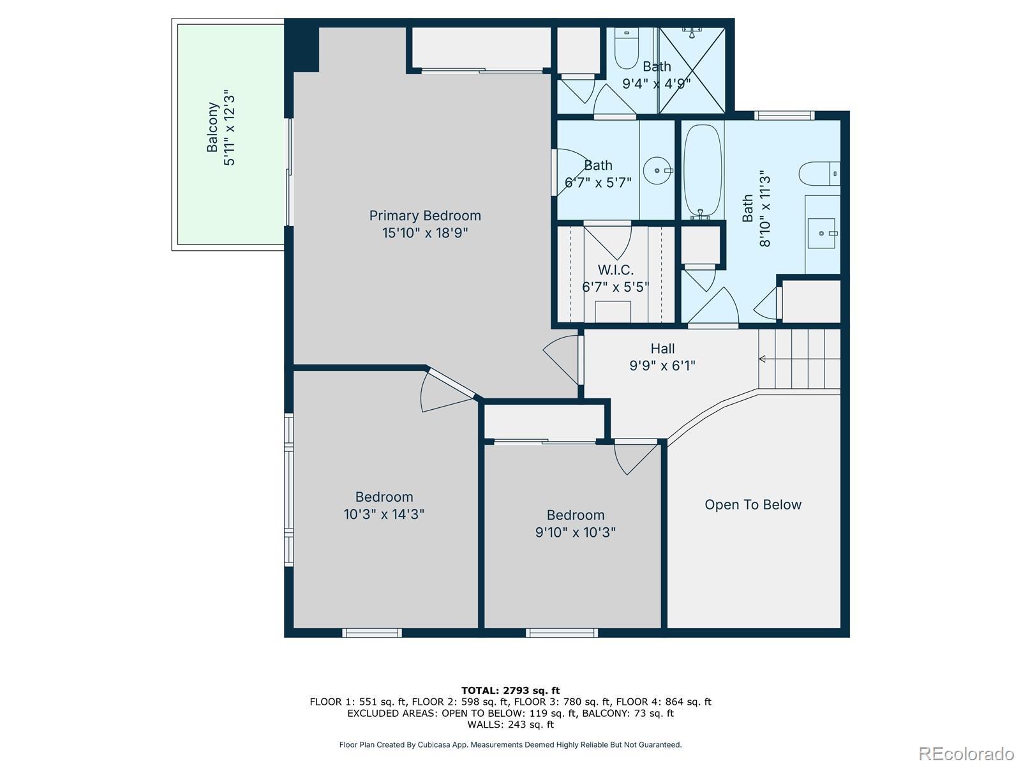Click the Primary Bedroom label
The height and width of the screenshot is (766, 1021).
[x=425, y=215]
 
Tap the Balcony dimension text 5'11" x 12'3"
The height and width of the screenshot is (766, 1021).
[x=229, y=128]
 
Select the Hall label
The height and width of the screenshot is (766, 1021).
[x=662, y=349]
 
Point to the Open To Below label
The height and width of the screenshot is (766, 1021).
[x=753, y=505]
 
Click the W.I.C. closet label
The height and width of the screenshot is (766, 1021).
[x=615, y=270]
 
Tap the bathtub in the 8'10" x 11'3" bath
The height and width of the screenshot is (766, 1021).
[x=703, y=170]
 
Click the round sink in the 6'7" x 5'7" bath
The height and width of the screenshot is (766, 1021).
[x=657, y=170]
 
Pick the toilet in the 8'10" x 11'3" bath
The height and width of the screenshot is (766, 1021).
[x=819, y=174]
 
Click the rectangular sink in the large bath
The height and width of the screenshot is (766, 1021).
[x=821, y=233]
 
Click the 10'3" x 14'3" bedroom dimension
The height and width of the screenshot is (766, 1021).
[x=384, y=514]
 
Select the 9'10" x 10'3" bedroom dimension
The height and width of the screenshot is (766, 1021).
[x=576, y=532]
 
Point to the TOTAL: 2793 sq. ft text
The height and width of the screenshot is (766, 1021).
[x=511, y=691]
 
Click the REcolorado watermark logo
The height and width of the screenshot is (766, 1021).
[x=967, y=753]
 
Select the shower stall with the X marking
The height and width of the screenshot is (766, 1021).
[x=692, y=70]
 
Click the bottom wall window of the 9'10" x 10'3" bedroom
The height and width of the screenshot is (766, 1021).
[x=562, y=633]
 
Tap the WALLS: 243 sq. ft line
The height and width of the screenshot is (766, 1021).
[x=511, y=724]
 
